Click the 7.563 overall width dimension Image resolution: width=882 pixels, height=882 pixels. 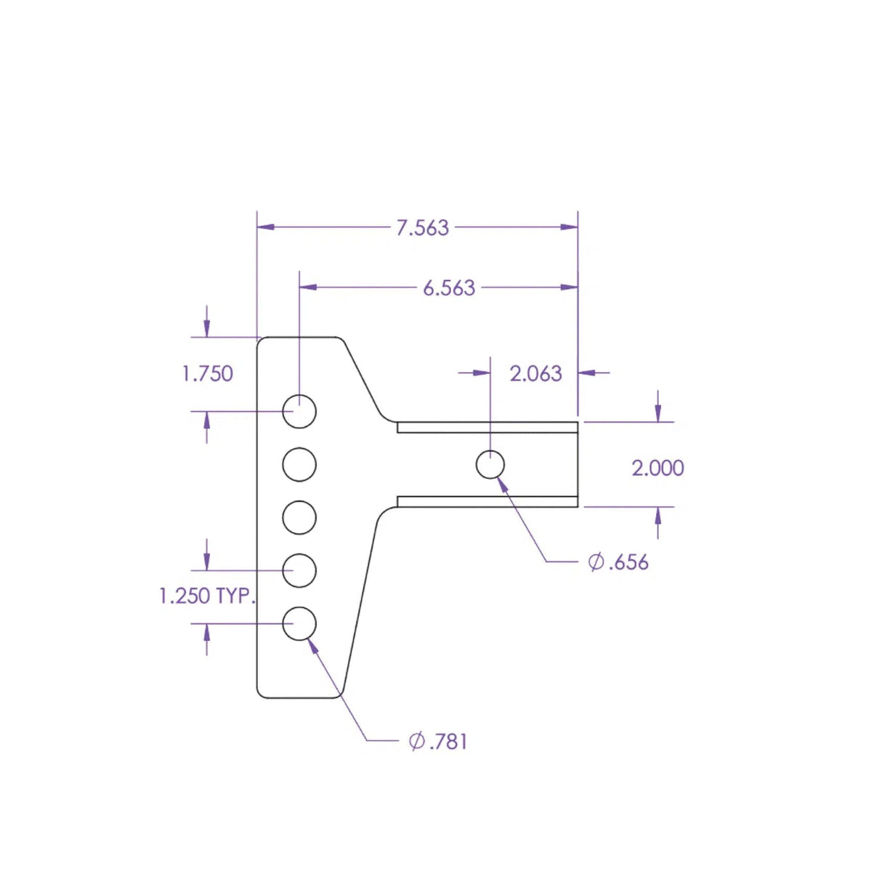coord(422,227)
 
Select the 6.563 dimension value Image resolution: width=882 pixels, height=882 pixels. coord(449,288)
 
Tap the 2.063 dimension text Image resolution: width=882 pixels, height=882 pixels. coord(535,373)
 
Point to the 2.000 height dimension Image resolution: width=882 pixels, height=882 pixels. coord(658,468)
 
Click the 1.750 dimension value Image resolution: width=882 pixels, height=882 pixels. coord(208,374)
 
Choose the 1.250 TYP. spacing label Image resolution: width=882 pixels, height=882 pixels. coord(207,596)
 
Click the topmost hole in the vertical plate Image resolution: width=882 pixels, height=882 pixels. coord(299,411)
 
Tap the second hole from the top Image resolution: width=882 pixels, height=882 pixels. coord(299,464)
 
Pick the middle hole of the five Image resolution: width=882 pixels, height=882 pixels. coord(299,518)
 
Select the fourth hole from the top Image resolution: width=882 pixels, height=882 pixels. coord(299,571)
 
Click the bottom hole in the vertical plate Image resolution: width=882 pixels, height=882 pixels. coord(299,624)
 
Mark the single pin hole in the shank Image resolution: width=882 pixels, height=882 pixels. coord(490,465)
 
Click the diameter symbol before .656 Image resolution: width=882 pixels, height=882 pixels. coord(596,562)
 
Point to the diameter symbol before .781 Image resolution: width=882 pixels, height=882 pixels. coord(416,741)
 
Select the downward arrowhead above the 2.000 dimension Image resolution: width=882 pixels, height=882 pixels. coord(658,414)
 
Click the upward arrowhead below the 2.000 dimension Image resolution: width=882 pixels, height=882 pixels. coord(658,515)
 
